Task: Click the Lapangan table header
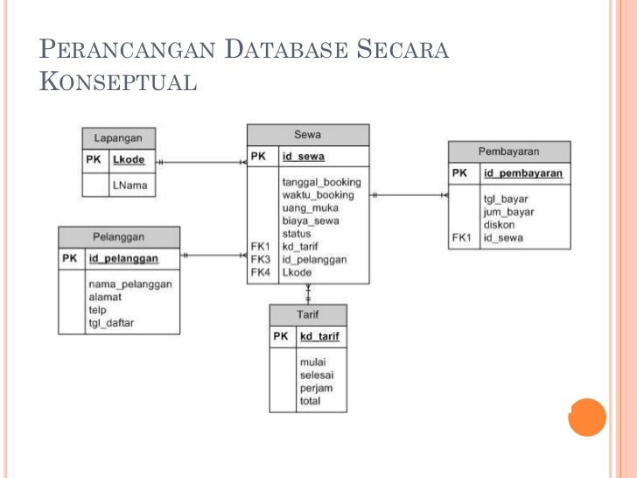pos(119,138)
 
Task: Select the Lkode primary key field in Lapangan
pos(129,160)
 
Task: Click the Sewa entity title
pos(307,135)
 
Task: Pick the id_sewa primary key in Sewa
pos(303,157)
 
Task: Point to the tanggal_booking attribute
pos(321,182)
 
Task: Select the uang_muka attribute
pos(310,207)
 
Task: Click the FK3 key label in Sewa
pos(261,259)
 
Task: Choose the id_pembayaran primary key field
pos(522,173)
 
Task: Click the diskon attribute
pos(500,224)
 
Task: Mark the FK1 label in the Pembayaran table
pos(462,237)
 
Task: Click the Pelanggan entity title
pos(119,236)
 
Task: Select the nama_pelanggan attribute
pos(130,284)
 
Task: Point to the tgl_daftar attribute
pos(111,323)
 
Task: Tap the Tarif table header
pos(308,314)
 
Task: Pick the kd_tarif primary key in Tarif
pos(319,336)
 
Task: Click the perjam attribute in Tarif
pos(316,388)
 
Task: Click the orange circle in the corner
pos(587,417)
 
